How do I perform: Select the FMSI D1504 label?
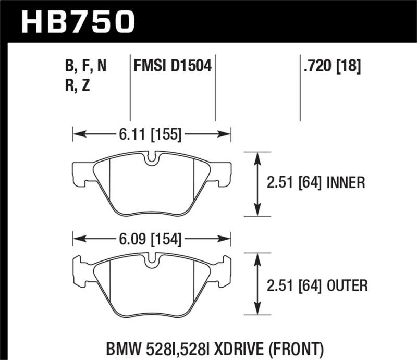click(173, 66)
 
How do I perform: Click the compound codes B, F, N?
click(86, 66)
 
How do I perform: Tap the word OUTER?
click(347, 285)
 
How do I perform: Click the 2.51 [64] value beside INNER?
click(295, 182)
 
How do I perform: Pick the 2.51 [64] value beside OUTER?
click(295, 285)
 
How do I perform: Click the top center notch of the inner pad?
click(151, 158)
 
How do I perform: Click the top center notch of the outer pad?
click(151, 261)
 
